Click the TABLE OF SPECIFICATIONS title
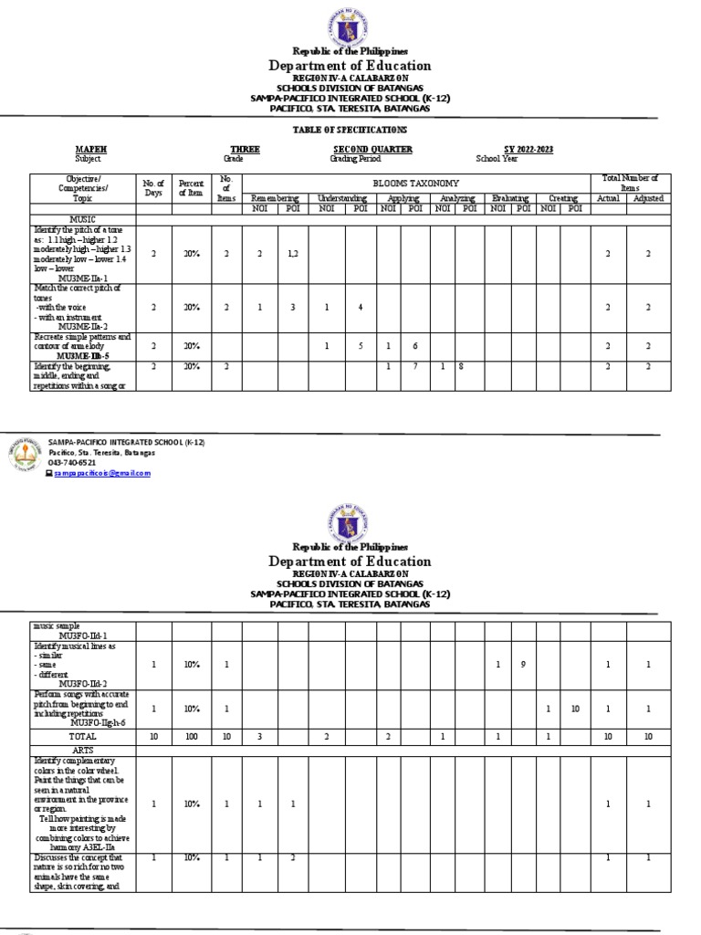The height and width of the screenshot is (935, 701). [349, 131]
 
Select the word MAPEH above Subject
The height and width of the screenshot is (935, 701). [87, 149]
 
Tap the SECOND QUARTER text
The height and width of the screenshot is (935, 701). [372, 149]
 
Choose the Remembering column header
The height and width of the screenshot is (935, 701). [275, 197]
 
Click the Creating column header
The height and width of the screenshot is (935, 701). [563, 197]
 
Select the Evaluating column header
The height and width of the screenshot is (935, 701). [509, 197]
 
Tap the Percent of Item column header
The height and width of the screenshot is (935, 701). [192, 188]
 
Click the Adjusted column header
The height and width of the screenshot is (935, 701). [648, 197]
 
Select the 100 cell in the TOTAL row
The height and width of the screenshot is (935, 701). [192, 735]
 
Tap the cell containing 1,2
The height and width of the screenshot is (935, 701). [292, 254]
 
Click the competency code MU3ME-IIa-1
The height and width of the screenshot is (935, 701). [83, 278]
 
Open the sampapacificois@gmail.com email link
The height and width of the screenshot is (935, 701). [101, 473]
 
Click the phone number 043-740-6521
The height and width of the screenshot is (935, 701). [72, 463]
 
